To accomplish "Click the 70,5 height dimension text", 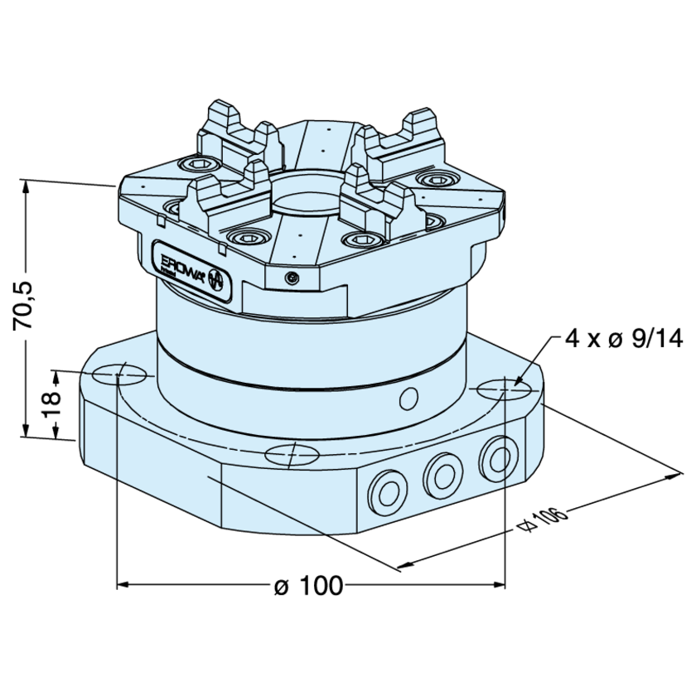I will (x=26, y=306).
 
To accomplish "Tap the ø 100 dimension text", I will (x=307, y=586).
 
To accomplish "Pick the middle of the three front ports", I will (x=440, y=473).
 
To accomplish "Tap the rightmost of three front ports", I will (x=496, y=457).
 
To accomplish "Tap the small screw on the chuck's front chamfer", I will (x=290, y=278).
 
